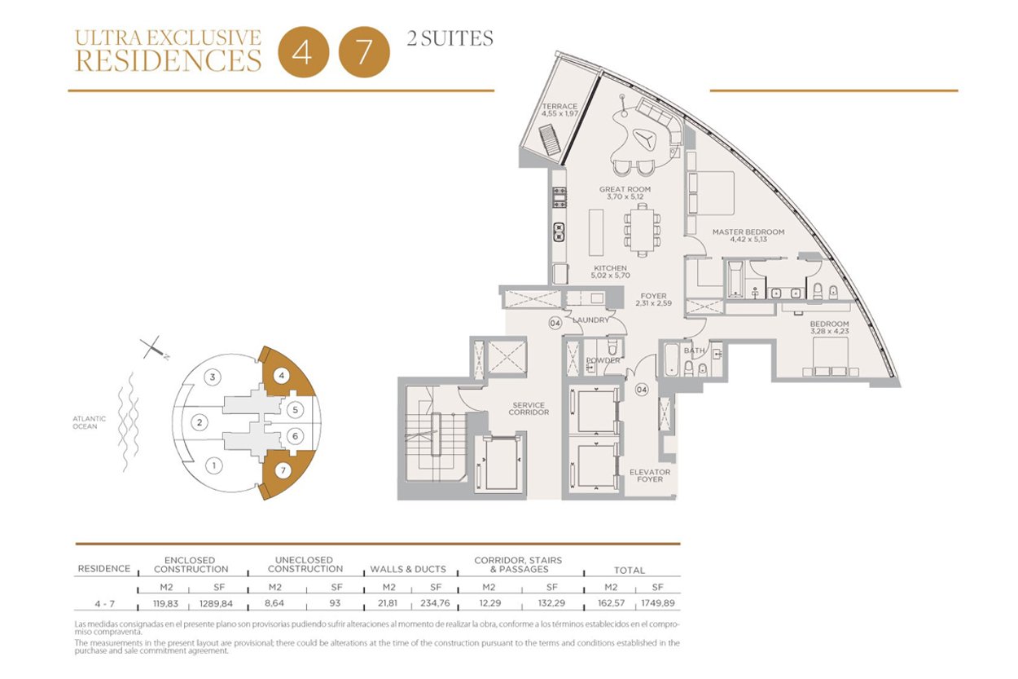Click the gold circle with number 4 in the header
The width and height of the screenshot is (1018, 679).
pos(303,52)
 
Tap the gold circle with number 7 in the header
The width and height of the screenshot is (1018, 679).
pos(364,52)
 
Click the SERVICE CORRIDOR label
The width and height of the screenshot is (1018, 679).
pos(529,408)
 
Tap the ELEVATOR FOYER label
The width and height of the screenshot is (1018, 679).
pos(650,476)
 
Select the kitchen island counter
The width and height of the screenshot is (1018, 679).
pos(596,232)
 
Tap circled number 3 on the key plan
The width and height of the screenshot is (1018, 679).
pos(213,377)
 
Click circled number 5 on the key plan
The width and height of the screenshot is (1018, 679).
pos(295,410)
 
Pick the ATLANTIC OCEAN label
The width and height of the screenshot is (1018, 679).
pos(89,422)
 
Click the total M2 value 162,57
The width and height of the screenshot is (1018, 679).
pos(611,603)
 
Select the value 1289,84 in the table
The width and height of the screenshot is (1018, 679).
pos(217,603)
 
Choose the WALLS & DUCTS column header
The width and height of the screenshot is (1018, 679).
pos(408,569)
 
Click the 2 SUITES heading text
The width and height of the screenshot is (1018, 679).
pos(450,38)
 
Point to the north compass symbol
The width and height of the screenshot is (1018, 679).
pos(155,348)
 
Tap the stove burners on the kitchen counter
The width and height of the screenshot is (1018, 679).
pos(559,197)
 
